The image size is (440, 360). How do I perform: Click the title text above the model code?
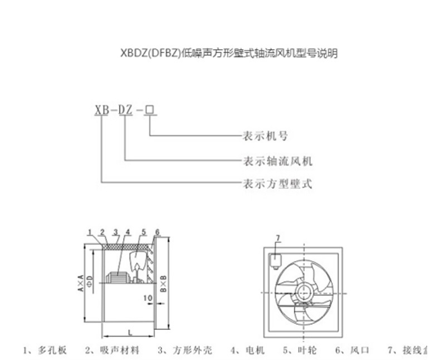coord(228,54)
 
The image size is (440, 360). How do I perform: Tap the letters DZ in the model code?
coord(125,110)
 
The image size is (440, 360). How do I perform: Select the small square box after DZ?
coord(149,110)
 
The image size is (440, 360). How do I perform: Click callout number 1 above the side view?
coord(90,232)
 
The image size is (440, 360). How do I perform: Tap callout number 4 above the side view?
coord(128,232)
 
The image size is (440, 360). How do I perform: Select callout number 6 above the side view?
coord(157,232)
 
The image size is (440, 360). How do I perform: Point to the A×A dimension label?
coord(81,283)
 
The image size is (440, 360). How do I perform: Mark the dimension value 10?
coord(146,298)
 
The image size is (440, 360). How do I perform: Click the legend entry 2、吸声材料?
coord(111,351)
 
